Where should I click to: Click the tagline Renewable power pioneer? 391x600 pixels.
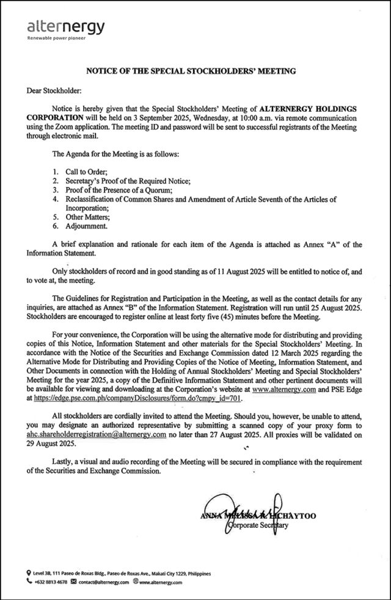click(53, 38)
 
